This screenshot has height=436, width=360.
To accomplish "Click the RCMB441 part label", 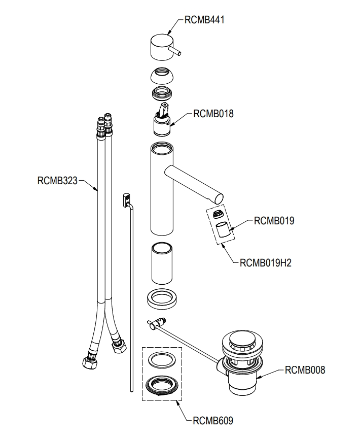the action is [x=204, y=20].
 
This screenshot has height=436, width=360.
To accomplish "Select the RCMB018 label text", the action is [x=213, y=114].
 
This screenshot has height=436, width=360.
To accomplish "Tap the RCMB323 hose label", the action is [x=57, y=181].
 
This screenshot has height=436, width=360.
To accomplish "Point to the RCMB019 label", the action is [x=274, y=221].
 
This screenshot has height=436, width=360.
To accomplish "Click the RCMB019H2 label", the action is [x=266, y=263].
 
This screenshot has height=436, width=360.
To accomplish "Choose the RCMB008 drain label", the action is [x=305, y=370].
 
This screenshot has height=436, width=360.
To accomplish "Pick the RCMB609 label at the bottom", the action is [x=213, y=421].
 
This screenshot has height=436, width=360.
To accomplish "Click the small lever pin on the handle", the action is [x=175, y=51].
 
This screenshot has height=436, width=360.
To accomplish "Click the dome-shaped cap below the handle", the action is [x=162, y=76].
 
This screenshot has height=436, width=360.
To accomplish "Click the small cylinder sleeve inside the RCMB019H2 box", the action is [x=223, y=229].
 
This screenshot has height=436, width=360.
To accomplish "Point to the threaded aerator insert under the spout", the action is [x=218, y=215].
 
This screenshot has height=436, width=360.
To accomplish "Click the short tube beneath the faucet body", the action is [x=162, y=263].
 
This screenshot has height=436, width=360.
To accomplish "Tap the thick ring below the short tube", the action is [x=162, y=299].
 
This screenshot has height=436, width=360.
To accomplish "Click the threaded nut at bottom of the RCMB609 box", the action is [x=162, y=385].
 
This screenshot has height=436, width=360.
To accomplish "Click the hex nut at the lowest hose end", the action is [x=90, y=362].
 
